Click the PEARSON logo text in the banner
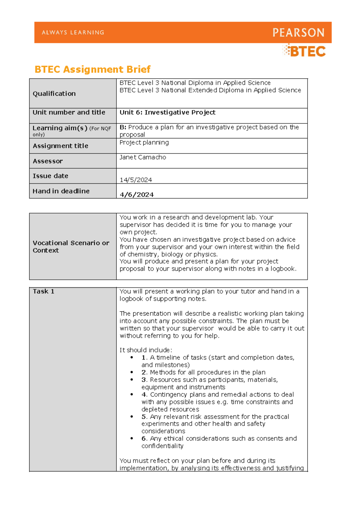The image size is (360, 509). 298,32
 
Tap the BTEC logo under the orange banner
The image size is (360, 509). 304,51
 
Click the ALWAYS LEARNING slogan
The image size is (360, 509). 73,32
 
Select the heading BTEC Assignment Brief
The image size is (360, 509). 92,69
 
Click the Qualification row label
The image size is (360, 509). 54,94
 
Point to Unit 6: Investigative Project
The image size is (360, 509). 167,112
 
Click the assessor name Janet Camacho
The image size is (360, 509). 143,157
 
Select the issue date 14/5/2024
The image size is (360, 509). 136,180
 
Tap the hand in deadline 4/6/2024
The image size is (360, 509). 136,195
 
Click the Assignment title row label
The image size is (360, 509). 60,146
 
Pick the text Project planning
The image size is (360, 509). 144,143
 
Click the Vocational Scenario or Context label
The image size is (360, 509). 71,246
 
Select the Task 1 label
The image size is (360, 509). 43,291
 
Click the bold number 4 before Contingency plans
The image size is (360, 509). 144,394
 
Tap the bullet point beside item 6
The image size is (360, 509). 132,438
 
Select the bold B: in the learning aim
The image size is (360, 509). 123,127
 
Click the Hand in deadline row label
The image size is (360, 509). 61,191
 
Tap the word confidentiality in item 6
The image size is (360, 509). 162,446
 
